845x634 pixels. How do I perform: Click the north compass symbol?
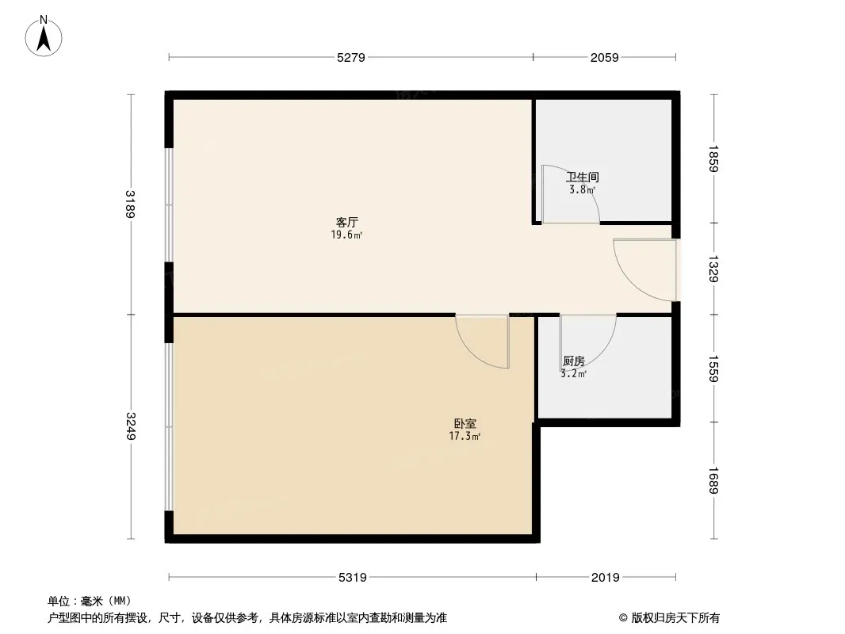coord(44,36)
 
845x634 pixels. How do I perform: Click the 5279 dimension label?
coord(350,57)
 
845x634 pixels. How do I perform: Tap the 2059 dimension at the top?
coord(604,57)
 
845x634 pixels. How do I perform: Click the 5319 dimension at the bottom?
coord(352,578)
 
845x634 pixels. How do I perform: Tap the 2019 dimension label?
coord(606,578)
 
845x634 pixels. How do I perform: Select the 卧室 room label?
coord(465,424)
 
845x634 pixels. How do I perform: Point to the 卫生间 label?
coord(583,178)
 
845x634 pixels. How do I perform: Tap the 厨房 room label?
coord(573,361)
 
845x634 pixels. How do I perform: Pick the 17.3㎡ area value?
coord(465,436)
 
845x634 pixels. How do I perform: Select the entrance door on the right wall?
coord(646,269)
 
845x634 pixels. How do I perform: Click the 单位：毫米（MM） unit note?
coord(90,601)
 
